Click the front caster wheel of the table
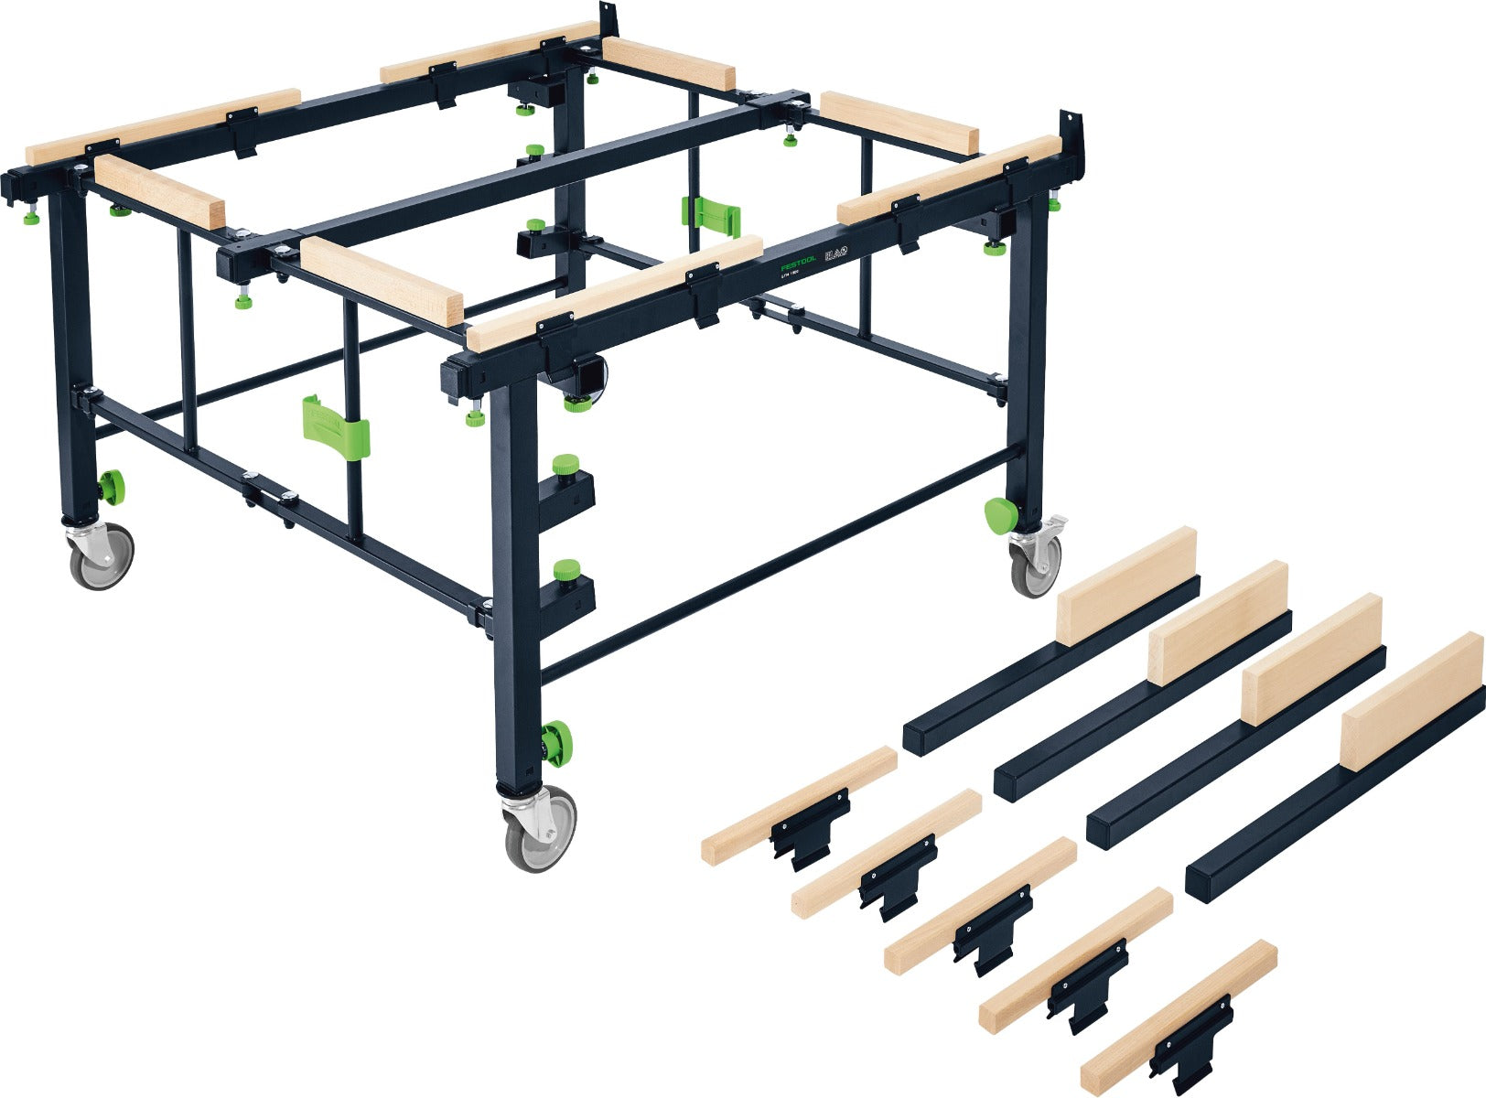coord(541,827)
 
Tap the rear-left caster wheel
coord(101,554)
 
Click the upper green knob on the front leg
coord(567,465)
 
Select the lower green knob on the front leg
coord(567,569)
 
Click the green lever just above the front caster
coord(555,739)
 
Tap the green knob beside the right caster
coord(999,516)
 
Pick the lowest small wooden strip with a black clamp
coord(1180,1016)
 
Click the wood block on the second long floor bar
coord(1217,622)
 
